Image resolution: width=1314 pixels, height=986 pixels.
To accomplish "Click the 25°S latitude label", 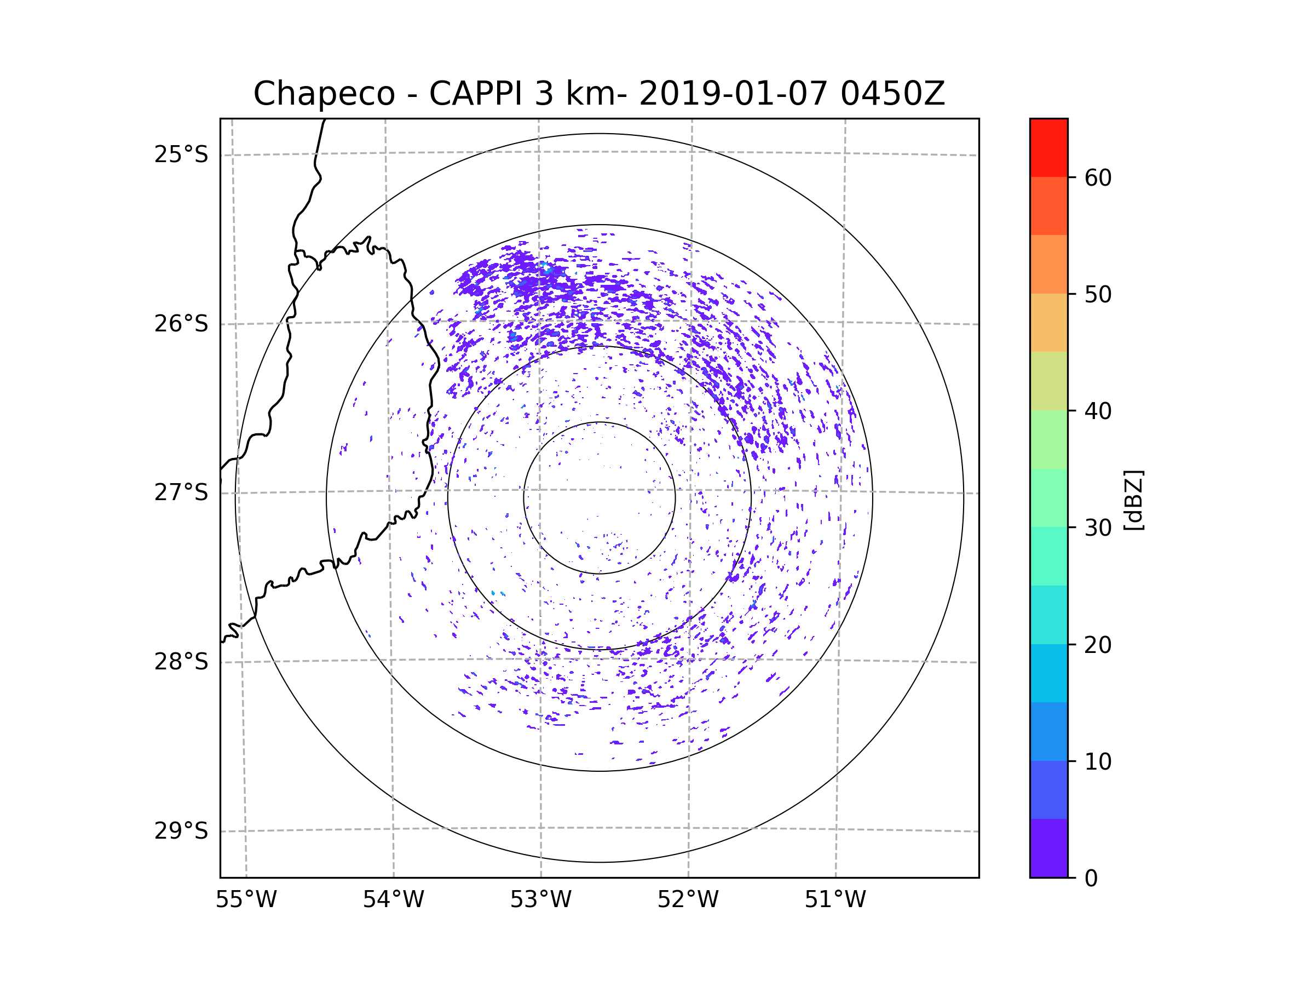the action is (x=181, y=154).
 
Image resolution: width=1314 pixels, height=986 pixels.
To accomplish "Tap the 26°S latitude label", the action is (x=181, y=324).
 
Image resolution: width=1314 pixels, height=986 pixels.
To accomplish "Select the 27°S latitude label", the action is (x=181, y=492).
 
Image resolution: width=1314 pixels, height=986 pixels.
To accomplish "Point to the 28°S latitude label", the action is (x=181, y=662).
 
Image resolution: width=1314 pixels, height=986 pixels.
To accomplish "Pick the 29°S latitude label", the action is (x=181, y=831).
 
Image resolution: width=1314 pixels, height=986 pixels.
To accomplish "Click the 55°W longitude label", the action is (x=246, y=900).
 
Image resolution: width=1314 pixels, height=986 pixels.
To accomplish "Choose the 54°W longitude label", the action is (x=393, y=900).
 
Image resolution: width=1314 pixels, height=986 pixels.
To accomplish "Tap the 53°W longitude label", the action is (x=540, y=900).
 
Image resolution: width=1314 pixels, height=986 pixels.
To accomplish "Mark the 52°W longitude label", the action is (x=688, y=900).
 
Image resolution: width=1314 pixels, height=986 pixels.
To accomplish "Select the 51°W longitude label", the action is (x=835, y=900).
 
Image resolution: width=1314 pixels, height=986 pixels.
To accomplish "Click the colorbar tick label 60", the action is (x=1098, y=177).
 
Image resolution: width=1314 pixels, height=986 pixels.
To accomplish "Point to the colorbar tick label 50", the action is (x=1098, y=294).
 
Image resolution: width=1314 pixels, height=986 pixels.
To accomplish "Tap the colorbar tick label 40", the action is (x=1098, y=411).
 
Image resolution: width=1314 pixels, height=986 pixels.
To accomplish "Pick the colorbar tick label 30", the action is (x=1098, y=528).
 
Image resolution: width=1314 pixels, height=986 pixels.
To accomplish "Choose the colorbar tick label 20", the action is (x=1098, y=645).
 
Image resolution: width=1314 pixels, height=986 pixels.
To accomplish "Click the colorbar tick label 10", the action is (x=1098, y=761).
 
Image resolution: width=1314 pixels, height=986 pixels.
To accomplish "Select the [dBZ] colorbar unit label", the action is (x=1134, y=500).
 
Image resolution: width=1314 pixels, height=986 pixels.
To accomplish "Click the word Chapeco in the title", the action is (x=324, y=94).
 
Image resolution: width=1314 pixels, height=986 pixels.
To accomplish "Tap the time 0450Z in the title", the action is (x=892, y=93).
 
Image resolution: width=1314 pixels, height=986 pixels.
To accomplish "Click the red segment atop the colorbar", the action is (x=1048, y=147).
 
